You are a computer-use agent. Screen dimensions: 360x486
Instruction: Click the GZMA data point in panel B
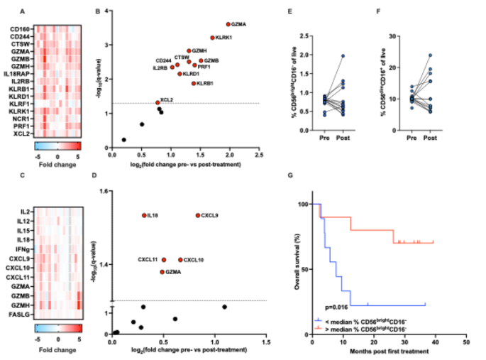point(228,24)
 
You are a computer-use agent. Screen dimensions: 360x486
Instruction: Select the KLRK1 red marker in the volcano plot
point(212,38)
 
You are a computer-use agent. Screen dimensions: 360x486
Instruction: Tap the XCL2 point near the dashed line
point(158,103)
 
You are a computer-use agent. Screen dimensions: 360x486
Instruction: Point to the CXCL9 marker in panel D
point(198,215)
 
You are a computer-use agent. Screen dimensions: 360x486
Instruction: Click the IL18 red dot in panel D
point(144,215)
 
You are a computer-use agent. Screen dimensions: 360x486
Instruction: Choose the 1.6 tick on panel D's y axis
point(105,192)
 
